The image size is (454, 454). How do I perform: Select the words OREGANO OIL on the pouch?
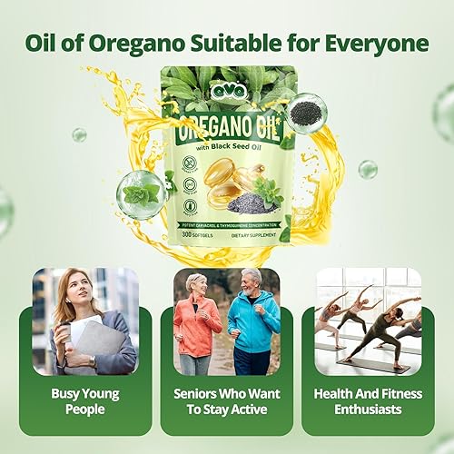pyautogui.click(x=227, y=118)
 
